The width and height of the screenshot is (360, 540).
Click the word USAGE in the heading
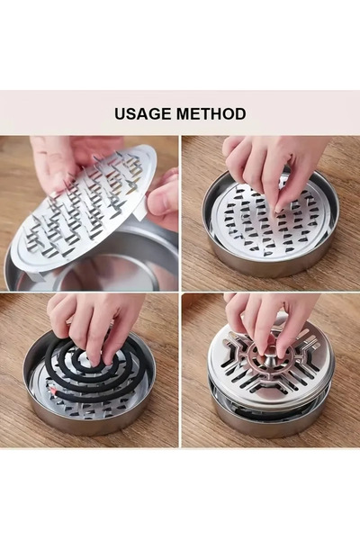tap(143, 113)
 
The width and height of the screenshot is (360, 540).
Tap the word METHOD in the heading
tap(211, 113)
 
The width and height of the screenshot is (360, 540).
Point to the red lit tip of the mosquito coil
tap(54, 391)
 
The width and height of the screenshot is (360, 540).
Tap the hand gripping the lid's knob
tap(269, 320)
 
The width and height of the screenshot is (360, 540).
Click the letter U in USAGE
tap(120, 114)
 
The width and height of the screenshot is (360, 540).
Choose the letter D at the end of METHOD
tap(240, 114)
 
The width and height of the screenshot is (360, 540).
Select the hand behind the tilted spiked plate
tap(69, 158)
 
